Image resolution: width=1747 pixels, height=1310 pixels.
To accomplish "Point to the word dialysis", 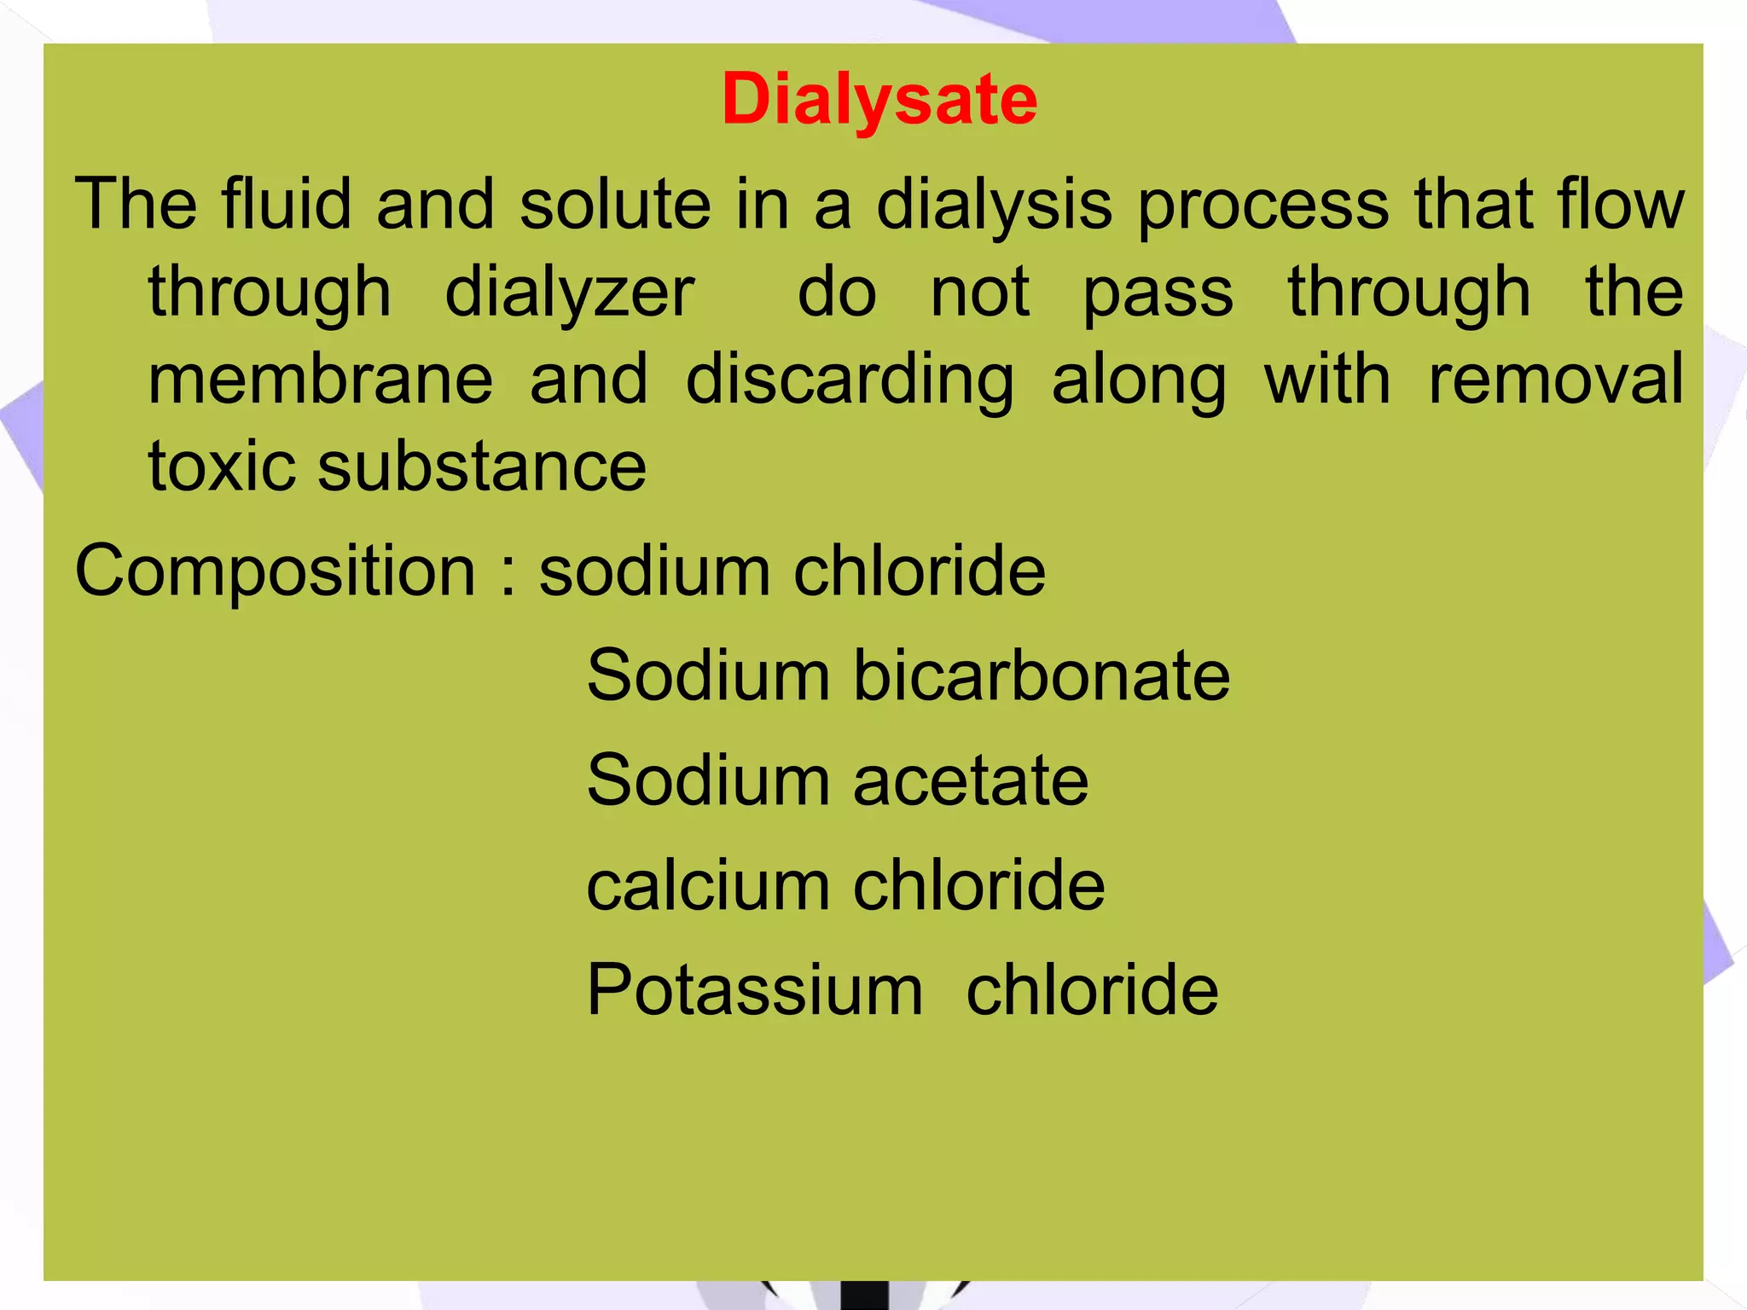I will click(995, 205).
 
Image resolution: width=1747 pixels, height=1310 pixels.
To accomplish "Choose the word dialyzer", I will click(570, 293).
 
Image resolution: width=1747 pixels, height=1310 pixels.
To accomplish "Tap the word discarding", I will click(850, 380).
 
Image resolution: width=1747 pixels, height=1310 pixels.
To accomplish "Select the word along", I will click(1139, 380).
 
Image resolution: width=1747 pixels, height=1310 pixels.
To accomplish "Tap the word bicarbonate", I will click(1042, 675).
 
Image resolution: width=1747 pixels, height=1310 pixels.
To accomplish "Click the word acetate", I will click(971, 780).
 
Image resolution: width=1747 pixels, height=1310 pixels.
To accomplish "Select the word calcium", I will click(708, 884).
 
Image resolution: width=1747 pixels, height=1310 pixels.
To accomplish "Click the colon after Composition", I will click(509, 573).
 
